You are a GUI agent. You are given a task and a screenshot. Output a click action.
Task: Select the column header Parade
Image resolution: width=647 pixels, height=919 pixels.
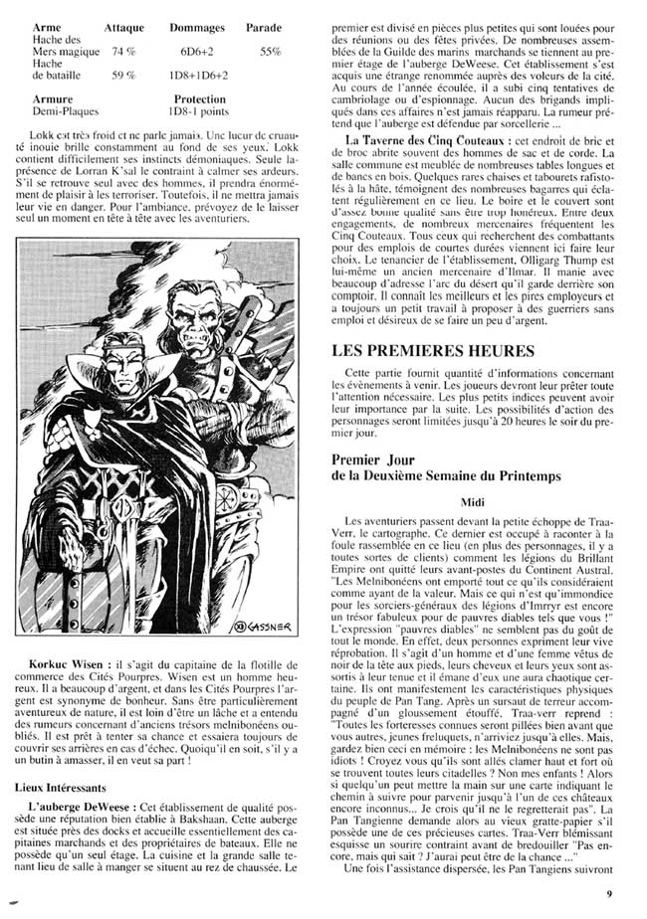point(266,28)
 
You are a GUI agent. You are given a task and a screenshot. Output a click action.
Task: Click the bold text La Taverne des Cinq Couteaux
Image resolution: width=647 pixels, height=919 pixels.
point(421,140)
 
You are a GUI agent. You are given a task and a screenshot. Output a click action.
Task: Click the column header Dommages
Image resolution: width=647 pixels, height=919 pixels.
point(197,28)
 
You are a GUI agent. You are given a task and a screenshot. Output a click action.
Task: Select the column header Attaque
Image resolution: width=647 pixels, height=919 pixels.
point(127,28)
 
